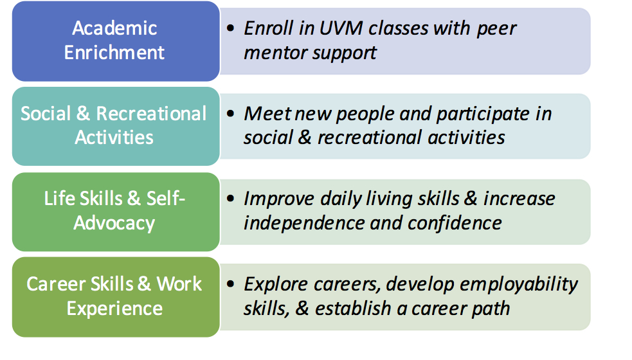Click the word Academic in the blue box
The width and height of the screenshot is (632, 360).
pos(114,28)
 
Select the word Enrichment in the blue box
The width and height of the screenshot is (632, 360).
pos(114,53)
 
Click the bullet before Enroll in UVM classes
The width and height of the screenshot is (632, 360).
pos(231,28)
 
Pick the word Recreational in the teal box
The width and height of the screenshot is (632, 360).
pos(151,114)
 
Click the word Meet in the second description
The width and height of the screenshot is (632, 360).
pos(267,114)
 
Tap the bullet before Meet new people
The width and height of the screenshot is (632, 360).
pos(231,113)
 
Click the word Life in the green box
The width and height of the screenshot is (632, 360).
pos(60,199)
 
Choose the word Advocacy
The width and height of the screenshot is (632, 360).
pos(114,224)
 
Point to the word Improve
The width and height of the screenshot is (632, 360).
pos(279,199)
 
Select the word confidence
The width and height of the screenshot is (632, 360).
pos(455,223)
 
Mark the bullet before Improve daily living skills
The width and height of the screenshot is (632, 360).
pos(231,199)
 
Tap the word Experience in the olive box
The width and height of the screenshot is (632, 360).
pos(114,309)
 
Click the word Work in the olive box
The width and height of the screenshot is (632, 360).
pos(179,284)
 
